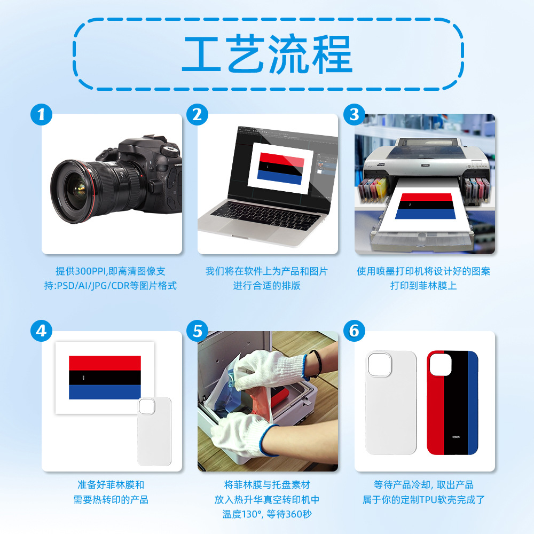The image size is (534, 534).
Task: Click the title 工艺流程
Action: click(x=267, y=54)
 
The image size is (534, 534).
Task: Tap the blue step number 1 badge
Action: click(x=41, y=114)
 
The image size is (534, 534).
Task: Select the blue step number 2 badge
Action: click(x=198, y=114)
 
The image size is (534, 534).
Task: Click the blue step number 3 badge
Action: click(x=354, y=114)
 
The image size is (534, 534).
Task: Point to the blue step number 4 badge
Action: click(x=41, y=331)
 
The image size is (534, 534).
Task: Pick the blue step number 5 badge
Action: click(x=198, y=331)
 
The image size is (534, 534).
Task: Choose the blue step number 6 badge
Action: click(x=354, y=331)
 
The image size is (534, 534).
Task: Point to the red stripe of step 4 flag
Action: click(x=105, y=363)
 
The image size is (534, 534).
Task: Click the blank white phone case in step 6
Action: click(x=391, y=403)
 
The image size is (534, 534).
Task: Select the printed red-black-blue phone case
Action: click(x=452, y=403)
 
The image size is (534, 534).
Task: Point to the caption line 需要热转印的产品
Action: click(x=111, y=500)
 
